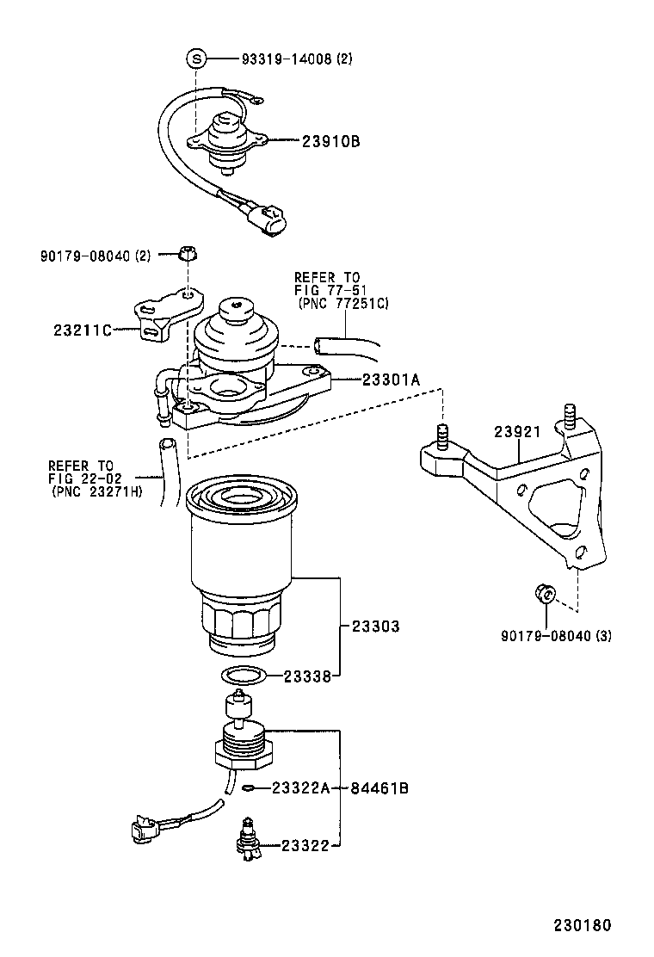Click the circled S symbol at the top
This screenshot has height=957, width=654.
(196, 59)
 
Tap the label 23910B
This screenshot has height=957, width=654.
(330, 141)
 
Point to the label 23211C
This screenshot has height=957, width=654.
(83, 330)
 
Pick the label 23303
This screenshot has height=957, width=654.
(375, 627)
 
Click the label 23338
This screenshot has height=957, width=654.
(308, 676)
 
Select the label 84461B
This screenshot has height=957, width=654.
(379, 788)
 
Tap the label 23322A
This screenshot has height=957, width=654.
(301, 788)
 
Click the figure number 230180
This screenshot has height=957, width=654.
(582, 926)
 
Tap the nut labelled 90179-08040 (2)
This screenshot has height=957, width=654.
(190, 255)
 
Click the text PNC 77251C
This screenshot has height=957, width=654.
(343, 305)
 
